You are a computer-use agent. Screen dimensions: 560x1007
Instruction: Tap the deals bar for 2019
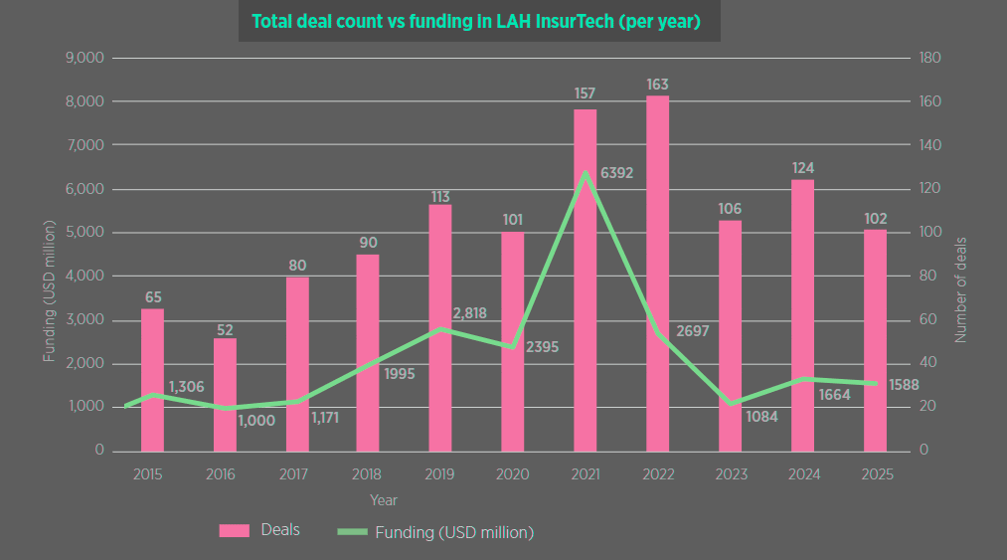[x=440, y=327]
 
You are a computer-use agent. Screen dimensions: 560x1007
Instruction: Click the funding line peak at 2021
[x=585, y=172]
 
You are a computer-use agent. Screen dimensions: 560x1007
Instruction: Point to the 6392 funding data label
[x=616, y=173]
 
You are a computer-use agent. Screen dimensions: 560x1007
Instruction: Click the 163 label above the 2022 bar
[x=657, y=85]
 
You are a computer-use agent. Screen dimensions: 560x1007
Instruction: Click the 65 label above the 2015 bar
[x=153, y=297]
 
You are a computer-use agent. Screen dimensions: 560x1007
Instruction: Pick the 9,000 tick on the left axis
[x=85, y=58]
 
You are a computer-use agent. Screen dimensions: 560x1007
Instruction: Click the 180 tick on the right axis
[x=931, y=58]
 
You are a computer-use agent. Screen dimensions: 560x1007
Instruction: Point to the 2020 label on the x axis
[x=511, y=474]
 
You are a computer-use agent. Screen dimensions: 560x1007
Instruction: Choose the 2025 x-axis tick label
[x=875, y=474]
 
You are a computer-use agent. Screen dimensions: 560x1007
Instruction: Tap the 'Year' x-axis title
[x=384, y=499]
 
